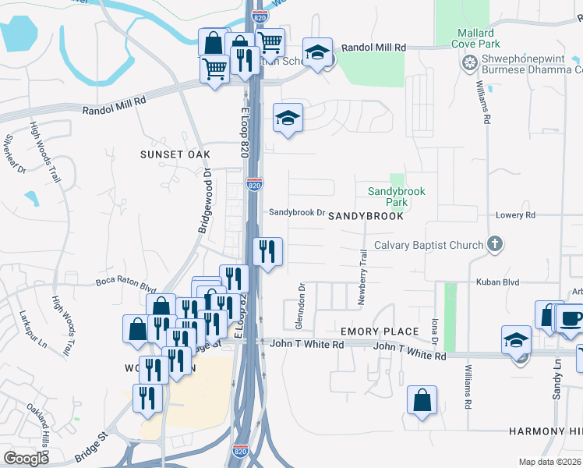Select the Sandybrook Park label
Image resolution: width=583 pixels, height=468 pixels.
[387, 197]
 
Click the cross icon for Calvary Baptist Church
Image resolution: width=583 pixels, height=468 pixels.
[494, 245]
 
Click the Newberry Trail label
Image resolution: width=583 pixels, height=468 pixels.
[362, 277]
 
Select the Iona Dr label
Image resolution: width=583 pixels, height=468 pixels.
[435, 331]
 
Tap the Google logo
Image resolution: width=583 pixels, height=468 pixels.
[26, 458]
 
